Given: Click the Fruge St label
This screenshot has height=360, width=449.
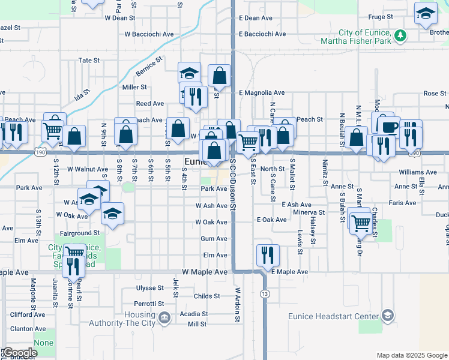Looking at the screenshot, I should [x=381, y=17].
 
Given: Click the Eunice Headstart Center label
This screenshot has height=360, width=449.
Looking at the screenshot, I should [x=340, y=316].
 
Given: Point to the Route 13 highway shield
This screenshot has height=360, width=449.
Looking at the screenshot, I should [x=265, y=293].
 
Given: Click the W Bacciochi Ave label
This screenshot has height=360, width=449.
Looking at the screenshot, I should [x=148, y=34].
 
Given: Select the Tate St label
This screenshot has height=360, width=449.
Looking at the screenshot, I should [x=89, y=61].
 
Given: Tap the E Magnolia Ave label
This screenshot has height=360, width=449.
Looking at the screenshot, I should [x=262, y=93].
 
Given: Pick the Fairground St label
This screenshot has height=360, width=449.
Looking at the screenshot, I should [x=79, y=233].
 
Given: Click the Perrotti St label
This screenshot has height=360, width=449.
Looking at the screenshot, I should [x=149, y=304].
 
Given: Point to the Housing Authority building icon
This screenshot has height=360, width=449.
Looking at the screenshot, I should [x=164, y=316].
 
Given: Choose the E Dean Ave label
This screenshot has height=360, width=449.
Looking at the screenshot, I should [x=256, y=18].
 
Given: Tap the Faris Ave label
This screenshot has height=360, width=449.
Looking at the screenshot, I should [x=402, y=203].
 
